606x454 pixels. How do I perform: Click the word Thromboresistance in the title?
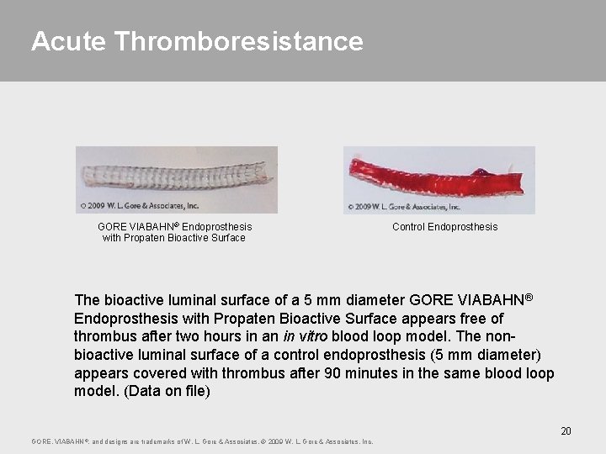238,41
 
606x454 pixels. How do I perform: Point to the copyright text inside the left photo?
139,205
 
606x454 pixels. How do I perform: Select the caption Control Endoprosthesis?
444,227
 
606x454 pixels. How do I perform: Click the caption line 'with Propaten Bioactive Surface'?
173,238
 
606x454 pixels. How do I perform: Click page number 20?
566,431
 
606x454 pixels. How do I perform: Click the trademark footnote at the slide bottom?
202,441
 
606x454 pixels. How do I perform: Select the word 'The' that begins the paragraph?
88,299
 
